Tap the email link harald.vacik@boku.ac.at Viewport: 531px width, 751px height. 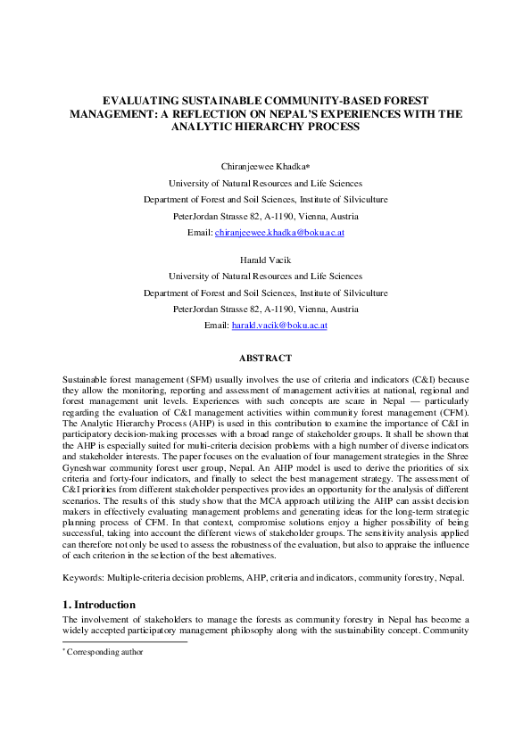279,326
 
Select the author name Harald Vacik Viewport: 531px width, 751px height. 266,260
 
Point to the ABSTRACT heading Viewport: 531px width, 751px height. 265,358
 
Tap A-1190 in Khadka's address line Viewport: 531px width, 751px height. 288,217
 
